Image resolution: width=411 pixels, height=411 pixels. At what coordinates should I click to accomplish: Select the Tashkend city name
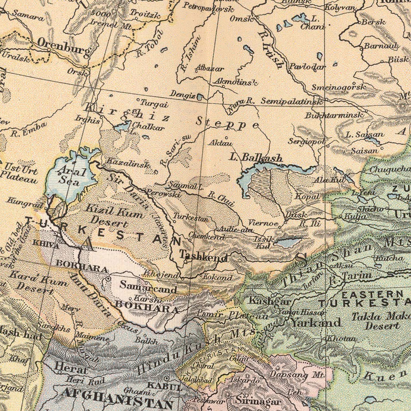pos(204,257)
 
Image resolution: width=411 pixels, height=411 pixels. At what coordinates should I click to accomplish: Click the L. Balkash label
pos(256,158)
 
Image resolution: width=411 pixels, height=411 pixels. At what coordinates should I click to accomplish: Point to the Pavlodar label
pos(307,67)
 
